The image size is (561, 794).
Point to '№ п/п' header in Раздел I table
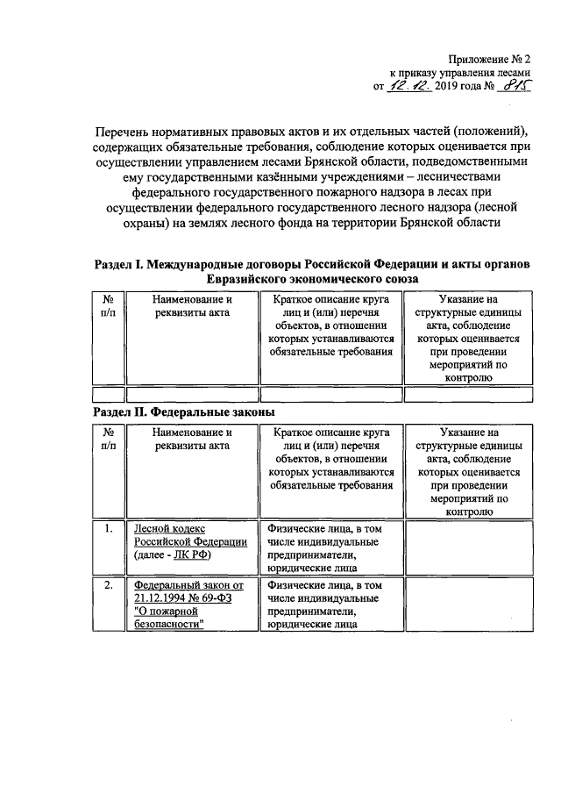pos(109,306)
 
